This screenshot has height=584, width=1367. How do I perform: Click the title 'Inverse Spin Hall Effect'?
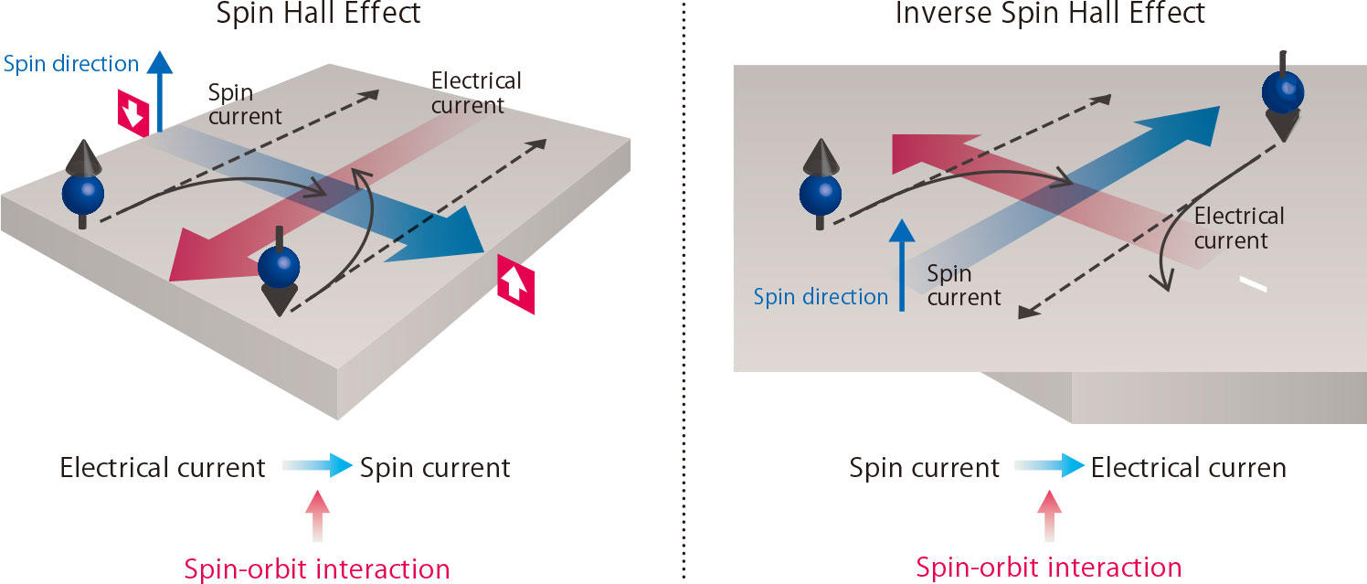(x=1050, y=14)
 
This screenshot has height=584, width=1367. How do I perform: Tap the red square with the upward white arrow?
(x=515, y=285)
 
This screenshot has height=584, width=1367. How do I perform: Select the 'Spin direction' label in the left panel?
(x=71, y=64)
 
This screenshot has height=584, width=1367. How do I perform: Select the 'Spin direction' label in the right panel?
(x=821, y=296)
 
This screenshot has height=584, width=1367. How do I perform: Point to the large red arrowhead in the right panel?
(x=914, y=149)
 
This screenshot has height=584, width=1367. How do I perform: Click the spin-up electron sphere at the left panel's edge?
(x=82, y=193)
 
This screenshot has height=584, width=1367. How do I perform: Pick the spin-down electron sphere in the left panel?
(x=279, y=266)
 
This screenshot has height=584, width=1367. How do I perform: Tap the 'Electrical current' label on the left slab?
(x=476, y=93)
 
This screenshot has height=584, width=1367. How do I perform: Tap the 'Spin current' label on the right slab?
(x=963, y=285)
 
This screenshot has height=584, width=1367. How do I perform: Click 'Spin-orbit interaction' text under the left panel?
(x=317, y=568)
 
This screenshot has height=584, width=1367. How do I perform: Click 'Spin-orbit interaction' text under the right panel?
(x=1049, y=567)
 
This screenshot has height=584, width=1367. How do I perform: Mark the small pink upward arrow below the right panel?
(x=1049, y=514)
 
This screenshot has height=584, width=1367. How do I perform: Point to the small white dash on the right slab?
(x=1253, y=286)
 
